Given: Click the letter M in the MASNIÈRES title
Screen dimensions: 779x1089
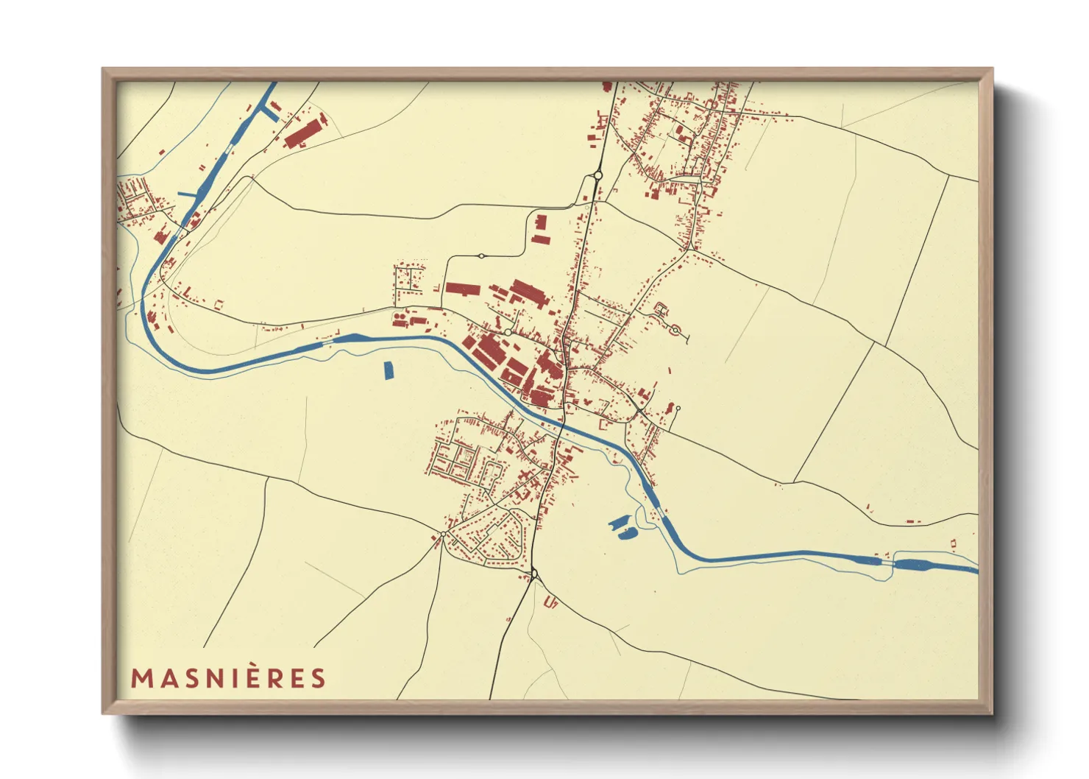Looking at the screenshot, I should click(141, 678).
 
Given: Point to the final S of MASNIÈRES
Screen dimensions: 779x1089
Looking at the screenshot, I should click(318, 678).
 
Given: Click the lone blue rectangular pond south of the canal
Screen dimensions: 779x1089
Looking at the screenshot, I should click(389, 370).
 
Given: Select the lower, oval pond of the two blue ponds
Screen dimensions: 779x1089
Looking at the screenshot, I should click(627, 534).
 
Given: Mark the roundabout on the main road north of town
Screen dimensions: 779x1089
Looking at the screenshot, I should click(597, 175).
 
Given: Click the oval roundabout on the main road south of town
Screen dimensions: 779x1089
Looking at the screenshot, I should click(534, 574).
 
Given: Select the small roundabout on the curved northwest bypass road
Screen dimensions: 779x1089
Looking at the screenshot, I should click(480, 256).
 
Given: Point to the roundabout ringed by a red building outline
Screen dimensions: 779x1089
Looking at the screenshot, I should click(675, 331).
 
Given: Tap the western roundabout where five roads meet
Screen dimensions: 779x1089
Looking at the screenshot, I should click(444, 534).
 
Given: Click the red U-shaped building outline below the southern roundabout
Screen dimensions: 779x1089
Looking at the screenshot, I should click(550, 603).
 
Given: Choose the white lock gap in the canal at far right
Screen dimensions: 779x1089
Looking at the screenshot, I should click(888, 563).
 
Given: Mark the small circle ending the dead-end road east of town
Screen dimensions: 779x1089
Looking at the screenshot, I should click(678, 409).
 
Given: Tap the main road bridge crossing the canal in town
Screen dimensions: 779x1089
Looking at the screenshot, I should click(563, 425).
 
